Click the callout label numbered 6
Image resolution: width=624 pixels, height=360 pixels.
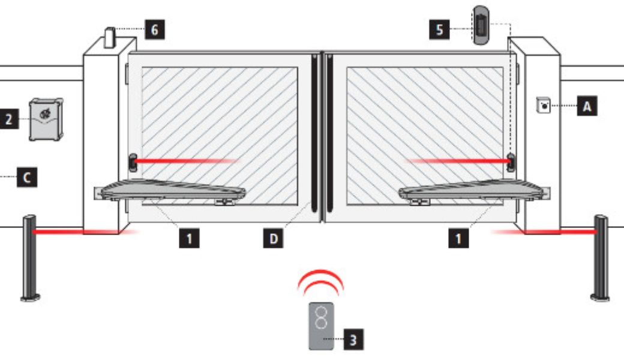pyautogui.click(x=155, y=29)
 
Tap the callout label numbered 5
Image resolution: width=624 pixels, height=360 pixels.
pyautogui.click(x=439, y=29)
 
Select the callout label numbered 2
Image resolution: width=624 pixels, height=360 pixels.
pyautogui.click(x=9, y=119)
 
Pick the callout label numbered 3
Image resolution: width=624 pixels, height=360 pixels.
pyautogui.click(x=353, y=340)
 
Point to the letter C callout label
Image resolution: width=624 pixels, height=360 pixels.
pyautogui.click(x=26, y=177)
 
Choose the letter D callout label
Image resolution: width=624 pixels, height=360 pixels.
pyautogui.click(x=274, y=238)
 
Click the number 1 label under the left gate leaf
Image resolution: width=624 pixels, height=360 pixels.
pyautogui.click(x=189, y=238)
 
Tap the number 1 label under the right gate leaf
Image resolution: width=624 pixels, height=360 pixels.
pyautogui.click(x=458, y=238)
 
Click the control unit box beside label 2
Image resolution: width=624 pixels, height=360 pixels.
pyautogui.click(x=46, y=120)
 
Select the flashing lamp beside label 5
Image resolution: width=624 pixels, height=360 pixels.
pyautogui.click(x=481, y=25)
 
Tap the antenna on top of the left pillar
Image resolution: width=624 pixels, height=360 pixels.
pyautogui.click(x=109, y=38)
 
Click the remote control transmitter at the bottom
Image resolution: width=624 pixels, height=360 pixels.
pyautogui.click(x=322, y=326)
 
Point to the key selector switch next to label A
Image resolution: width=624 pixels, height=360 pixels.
pyautogui.click(x=544, y=105)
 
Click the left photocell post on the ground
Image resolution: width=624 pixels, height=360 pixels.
pyautogui.click(x=30, y=258)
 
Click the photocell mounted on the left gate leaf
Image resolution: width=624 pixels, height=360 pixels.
pyautogui.click(x=133, y=162)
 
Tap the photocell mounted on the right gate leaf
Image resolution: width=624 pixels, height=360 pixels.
pyautogui.click(x=511, y=162)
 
